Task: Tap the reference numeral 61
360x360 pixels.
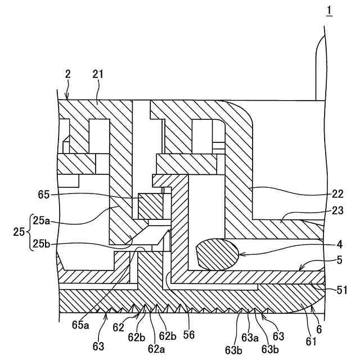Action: (311, 341)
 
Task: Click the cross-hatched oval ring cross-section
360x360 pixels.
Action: (217, 254)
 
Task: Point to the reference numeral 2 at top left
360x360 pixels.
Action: (67, 74)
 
